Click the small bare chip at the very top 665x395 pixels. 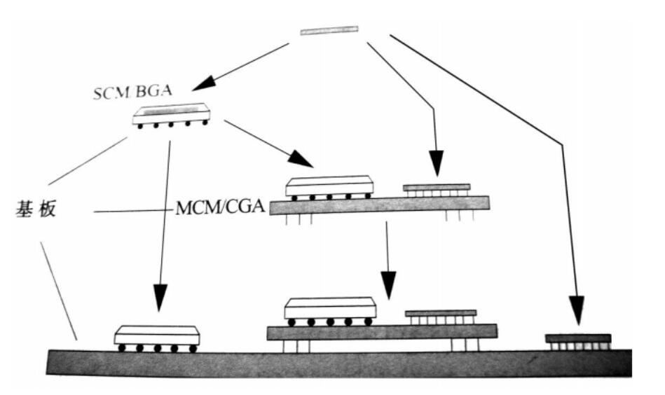click(329, 30)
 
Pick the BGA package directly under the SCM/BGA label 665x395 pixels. click(172, 114)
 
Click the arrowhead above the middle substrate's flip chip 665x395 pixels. click(437, 166)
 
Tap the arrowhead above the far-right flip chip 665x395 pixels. click(577, 310)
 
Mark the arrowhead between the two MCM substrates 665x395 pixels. click(387, 282)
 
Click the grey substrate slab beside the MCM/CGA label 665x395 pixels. click(379, 205)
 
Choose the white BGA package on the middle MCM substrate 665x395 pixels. click(329, 186)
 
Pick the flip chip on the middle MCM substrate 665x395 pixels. click(436, 188)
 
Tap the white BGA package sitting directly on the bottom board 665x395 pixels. click(157, 335)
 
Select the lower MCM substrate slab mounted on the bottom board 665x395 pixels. click(382, 332)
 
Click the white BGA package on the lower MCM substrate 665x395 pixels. click(330, 308)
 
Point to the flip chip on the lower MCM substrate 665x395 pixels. click(441, 313)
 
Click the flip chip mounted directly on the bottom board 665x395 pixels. click(578, 339)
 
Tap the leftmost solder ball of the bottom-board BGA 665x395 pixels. click(122, 347)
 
